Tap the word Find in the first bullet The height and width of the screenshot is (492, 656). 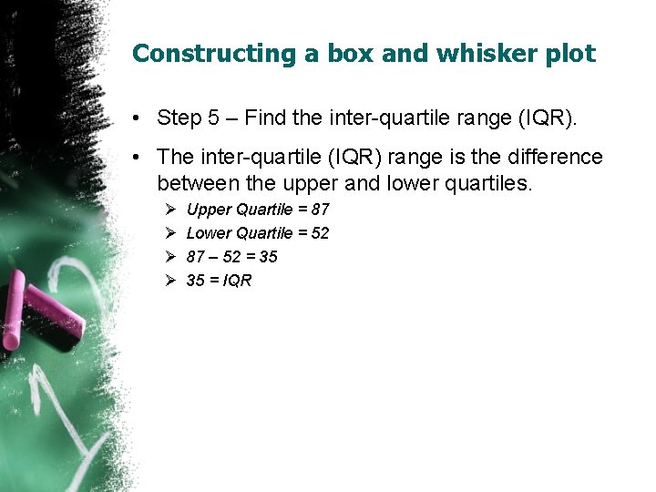pyautogui.click(x=261, y=118)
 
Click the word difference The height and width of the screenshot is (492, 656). pyautogui.click(x=557, y=158)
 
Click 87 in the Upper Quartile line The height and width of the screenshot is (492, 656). pyautogui.click(x=320, y=210)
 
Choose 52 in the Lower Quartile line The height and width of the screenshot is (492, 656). pyautogui.click(x=320, y=233)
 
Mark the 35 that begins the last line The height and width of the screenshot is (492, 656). pyautogui.click(x=195, y=281)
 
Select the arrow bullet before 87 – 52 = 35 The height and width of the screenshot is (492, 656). pyautogui.click(x=169, y=257)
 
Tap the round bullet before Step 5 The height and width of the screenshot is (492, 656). pyautogui.click(x=135, y=118)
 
